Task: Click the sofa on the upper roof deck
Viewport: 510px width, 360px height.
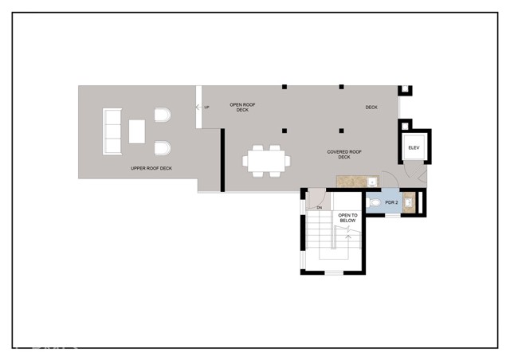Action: tap(112, 133)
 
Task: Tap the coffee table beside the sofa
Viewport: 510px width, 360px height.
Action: tap(137, 132)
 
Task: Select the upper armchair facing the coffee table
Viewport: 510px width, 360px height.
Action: tap(162, 117)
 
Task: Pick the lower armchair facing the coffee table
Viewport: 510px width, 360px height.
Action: tap(162, 149)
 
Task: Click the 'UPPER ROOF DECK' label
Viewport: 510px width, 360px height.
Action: tap(151, 169)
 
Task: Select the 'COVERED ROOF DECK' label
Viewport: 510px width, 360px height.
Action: tap(344, 154)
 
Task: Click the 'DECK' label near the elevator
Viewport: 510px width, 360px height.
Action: tap(371, 108)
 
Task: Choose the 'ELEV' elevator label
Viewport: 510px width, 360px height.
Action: tap(414, 148)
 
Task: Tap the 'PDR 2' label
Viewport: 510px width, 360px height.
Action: tap(391, 203)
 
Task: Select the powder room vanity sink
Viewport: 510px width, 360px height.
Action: tap(409, 203)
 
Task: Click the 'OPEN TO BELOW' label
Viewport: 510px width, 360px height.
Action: tap(347, 218)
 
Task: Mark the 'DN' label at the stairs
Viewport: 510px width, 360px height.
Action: tap(319, 208)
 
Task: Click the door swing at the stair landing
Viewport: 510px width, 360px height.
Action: tap(316, 197)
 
